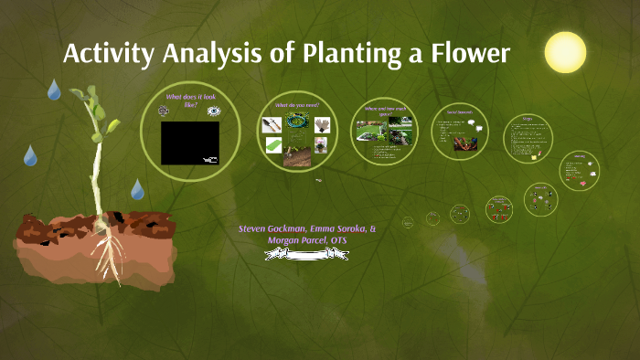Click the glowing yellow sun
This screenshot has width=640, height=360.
[x=564, y=52]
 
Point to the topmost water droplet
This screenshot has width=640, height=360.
[x=54, y=89]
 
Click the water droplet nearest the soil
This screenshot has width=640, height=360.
[x=137, y=189]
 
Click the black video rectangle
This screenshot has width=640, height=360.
[x=189, y=143]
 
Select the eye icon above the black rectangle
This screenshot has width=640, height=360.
[x=214, y=111]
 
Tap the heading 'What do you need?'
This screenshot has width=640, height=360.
[x=296, y=105]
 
